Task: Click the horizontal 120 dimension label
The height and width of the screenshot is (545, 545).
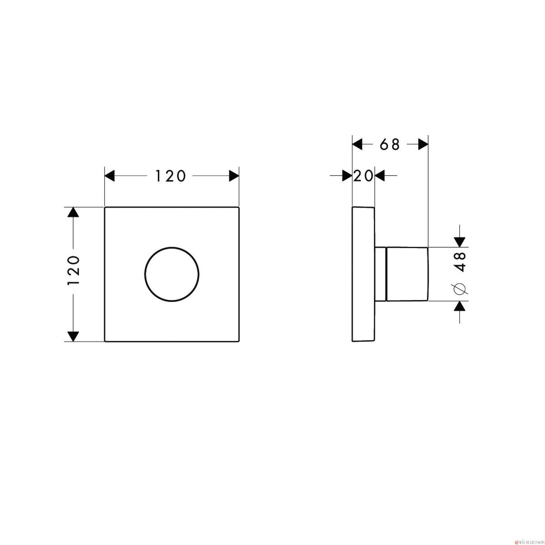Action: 171,176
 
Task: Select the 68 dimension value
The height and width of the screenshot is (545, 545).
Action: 390,144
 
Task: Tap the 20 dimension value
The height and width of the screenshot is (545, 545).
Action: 364,176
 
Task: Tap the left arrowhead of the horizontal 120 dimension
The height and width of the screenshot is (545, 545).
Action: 110,176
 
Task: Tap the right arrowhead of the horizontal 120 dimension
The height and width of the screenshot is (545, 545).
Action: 234,176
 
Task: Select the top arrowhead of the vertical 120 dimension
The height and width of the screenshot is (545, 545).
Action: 74,212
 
